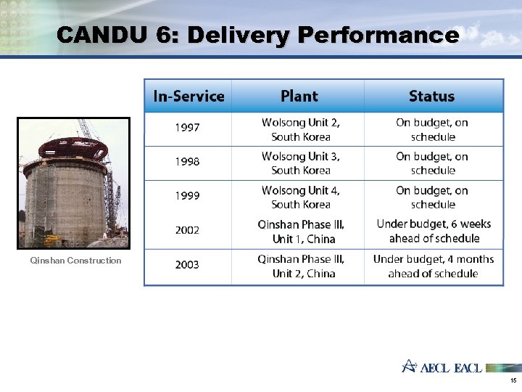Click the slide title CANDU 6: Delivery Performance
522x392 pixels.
(257, 35)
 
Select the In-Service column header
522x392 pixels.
(188, 96)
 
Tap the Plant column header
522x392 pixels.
(299, 96)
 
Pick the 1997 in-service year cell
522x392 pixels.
(187, 128)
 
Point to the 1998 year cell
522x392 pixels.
(187, 162)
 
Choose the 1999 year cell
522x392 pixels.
(187, 196)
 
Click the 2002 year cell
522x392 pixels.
(187, 230)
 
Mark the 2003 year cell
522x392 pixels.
(187, 265)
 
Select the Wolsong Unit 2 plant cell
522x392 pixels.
(300, 129)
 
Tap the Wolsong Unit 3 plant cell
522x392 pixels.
(300, 163)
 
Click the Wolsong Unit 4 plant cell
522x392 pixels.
(300, 197)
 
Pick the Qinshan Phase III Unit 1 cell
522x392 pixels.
(300, 232)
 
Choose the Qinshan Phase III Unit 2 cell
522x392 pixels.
(300, 266)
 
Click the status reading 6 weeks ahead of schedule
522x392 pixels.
(434, 232)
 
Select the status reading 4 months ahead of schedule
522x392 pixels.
(433, 266)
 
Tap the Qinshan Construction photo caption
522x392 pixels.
(75, 261)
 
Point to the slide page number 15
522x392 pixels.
(513, 380)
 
